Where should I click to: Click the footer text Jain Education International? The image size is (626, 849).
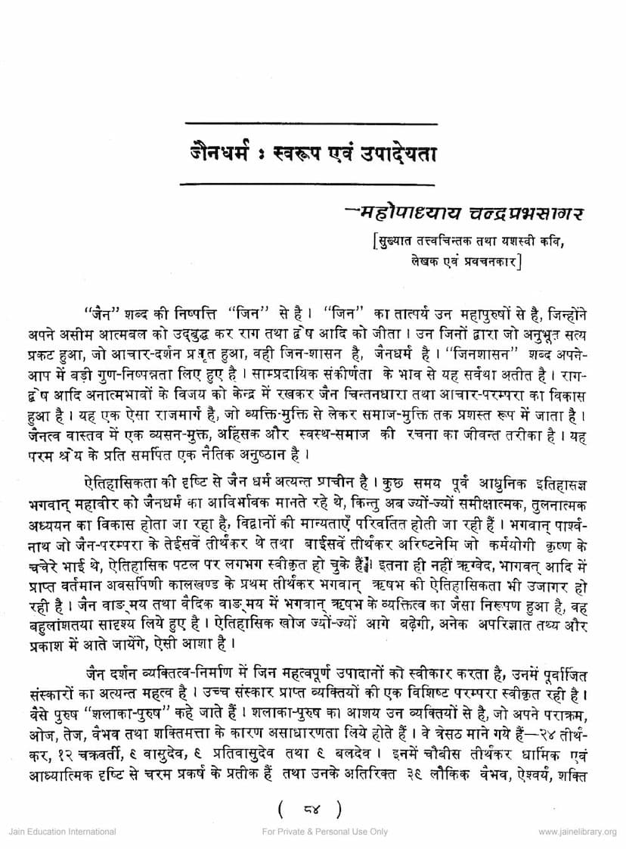pos(62,832)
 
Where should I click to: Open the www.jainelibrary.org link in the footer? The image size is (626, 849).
pos(578,832)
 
